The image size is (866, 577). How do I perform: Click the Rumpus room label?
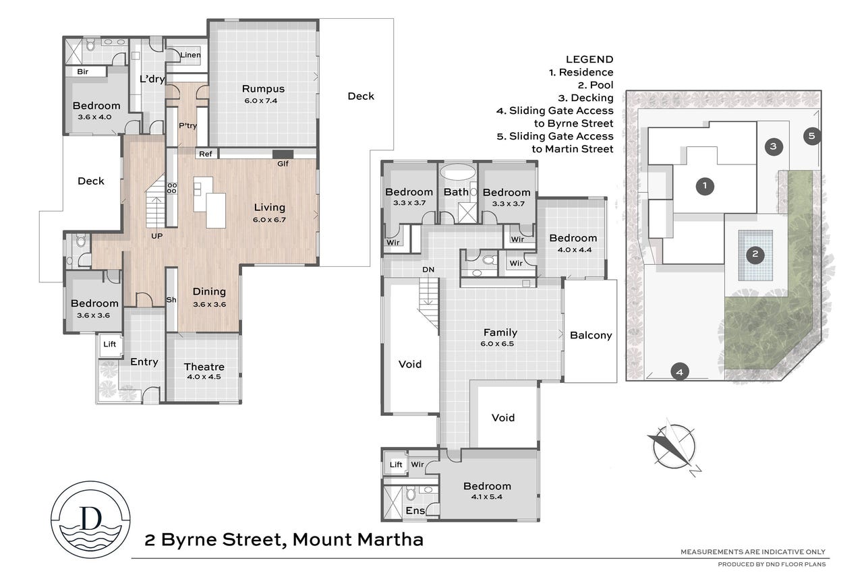tap(263, 89)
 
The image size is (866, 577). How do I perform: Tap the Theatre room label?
tap(204, 367)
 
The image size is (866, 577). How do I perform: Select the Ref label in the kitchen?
tap(205, 154)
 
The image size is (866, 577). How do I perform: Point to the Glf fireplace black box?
tap(283, 154)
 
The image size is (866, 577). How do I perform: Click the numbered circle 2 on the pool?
tap(755, 254)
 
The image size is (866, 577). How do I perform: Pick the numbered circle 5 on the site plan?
tap(811, 136)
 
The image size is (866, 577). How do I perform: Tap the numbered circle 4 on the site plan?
tap(680, 372)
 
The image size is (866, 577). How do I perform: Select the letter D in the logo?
tap(90, 518)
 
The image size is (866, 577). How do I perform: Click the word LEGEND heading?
tap(589, 59)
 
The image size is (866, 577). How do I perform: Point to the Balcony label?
tap(591, 335)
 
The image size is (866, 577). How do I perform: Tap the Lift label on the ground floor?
tap(109, 344)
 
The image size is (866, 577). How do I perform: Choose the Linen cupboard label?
tap(190, 55)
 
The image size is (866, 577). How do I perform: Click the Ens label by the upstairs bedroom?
tap(415, 510)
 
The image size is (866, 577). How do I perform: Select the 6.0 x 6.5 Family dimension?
tap(497, 344)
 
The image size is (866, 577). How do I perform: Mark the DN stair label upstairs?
tap(428, 270)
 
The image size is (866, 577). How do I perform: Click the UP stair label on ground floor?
tap(156, 236)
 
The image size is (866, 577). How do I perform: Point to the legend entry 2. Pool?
tap(596, 85)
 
